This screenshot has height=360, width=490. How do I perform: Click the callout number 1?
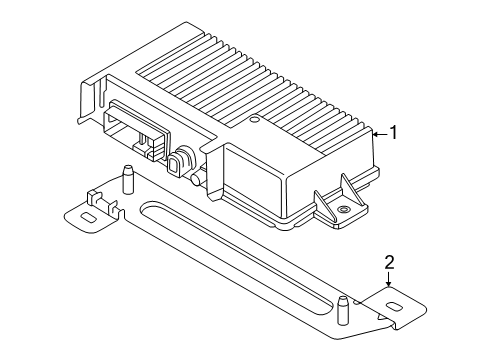(394, 133)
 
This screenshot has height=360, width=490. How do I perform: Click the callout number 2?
(389, 262)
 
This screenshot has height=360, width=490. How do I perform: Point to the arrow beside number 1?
(380, 134)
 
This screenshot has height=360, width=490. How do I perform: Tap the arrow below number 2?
(389, 279)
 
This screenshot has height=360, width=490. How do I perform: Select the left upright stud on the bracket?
(127, 179)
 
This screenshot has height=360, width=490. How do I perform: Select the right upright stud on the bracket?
(342, 310)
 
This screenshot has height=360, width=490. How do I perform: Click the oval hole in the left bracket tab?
(88, 218)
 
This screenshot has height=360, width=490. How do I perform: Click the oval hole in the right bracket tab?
(395, 307)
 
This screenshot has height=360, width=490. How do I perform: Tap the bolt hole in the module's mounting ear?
(342, 209)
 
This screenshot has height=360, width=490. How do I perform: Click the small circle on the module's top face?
(255, 119)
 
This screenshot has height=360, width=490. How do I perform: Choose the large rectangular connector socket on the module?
(136, 130)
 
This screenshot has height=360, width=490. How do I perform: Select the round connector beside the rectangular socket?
(182, 160)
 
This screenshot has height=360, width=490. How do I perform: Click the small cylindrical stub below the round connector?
(197, 179)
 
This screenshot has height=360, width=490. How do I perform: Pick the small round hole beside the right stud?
(357, 302)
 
